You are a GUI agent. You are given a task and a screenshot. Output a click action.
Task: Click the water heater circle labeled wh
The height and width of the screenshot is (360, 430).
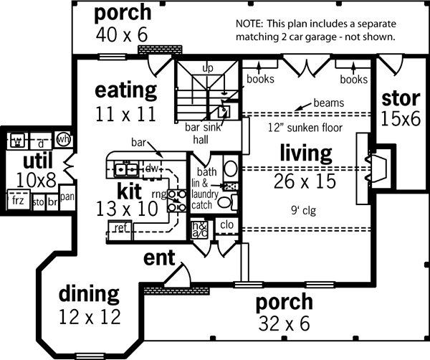pos(63,138)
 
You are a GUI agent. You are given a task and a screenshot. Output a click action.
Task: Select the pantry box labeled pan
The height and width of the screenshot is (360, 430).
pos(67,195)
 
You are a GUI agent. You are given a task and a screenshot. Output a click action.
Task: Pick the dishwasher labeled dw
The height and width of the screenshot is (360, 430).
pos(151,167)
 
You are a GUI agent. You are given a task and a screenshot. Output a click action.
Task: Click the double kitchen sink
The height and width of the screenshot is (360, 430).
pos(126,169)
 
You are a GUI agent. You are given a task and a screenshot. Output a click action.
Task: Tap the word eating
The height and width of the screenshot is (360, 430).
pos(126,91)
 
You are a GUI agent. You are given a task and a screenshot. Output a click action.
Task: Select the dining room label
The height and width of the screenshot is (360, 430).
pos(88,293)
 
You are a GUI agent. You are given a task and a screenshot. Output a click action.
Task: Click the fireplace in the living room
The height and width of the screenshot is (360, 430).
pos(376,164)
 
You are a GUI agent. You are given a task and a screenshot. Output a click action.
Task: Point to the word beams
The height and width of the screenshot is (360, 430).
pos(328,103)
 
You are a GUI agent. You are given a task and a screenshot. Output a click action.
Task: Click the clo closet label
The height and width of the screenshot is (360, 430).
pos(227,224)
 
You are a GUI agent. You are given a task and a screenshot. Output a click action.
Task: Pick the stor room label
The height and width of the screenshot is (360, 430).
pos(400,98)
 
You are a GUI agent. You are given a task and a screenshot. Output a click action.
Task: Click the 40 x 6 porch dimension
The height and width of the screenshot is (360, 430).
pos(122,34)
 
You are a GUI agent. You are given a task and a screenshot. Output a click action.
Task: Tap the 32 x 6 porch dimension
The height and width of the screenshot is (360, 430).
pos(285,323)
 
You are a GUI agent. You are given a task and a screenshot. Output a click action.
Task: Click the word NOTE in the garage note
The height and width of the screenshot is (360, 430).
pos(250,23)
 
